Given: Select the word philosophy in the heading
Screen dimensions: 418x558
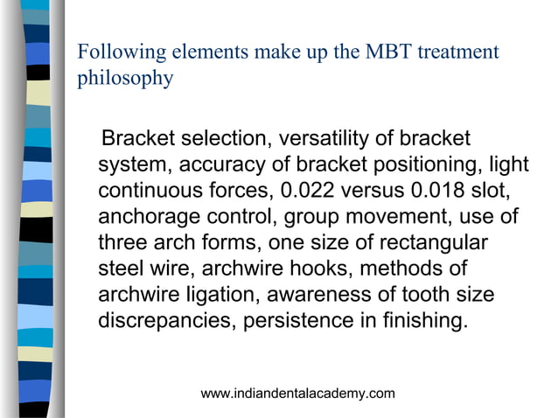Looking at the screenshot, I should coord(125,79).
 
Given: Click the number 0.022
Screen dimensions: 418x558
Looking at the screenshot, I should coord(302,190).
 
